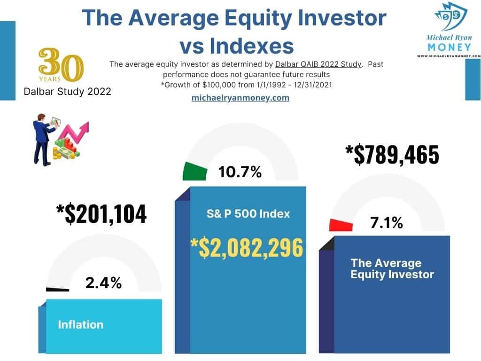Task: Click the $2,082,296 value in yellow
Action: point(246,248)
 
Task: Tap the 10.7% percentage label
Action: point(240,172)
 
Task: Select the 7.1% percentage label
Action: point(386,223)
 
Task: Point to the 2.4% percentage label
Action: point(103,283)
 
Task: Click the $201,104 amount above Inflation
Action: point(101,213)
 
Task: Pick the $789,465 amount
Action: point(392,155)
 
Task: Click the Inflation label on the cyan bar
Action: point(80,324)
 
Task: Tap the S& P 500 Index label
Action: point(248,213)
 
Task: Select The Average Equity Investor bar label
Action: point(392,268)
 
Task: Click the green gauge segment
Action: point(195,171)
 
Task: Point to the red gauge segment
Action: point(341,225)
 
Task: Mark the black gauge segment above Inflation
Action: point(57,290)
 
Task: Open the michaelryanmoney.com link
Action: point(240,98)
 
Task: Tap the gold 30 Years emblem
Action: point(61,65)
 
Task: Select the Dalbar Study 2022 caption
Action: point(67,91)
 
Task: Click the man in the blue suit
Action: point(42,139)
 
